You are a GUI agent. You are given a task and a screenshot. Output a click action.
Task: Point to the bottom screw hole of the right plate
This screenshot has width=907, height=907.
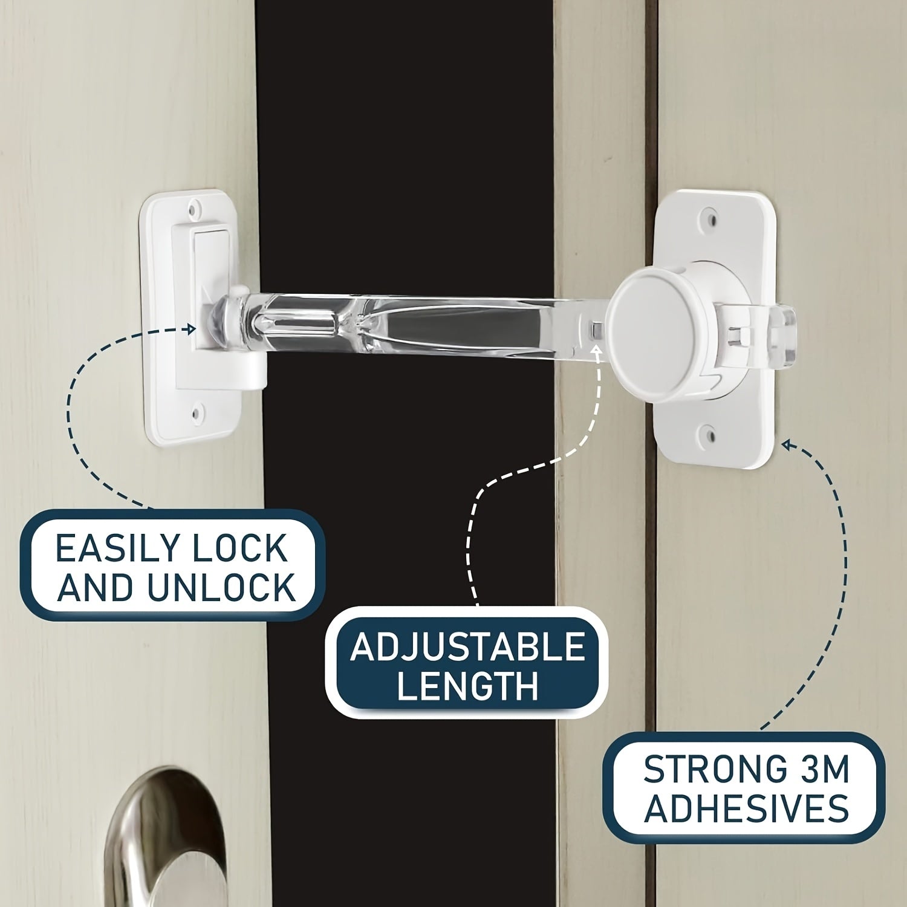pos(709,433)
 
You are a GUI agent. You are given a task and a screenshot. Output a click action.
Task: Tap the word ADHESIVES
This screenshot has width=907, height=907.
pos(746,808)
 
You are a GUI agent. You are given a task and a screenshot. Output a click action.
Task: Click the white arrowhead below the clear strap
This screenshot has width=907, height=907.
pos(599,349)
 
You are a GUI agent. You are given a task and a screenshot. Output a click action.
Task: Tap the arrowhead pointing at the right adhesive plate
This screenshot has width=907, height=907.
pos(787,446)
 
